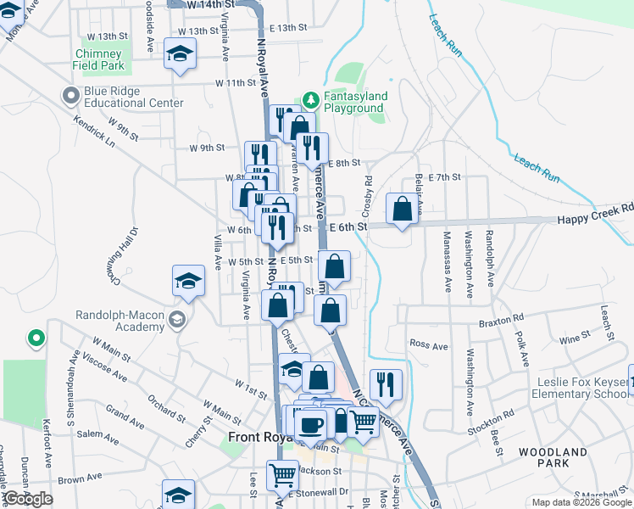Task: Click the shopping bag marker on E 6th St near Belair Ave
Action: click(x=403, y=209)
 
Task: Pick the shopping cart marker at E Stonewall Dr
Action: click(x=282, y=476)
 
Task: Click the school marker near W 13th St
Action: click(x=180, y=55)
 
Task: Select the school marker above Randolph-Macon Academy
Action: click(x=189, y=280)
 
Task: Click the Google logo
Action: click(x=28, y=499)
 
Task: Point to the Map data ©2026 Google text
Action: click(x=581, y=502)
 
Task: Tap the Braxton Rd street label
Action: click(x=496, y=322)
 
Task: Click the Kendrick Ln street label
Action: click(x=92, y=132)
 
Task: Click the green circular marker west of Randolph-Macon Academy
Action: click(x=36, y=339)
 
